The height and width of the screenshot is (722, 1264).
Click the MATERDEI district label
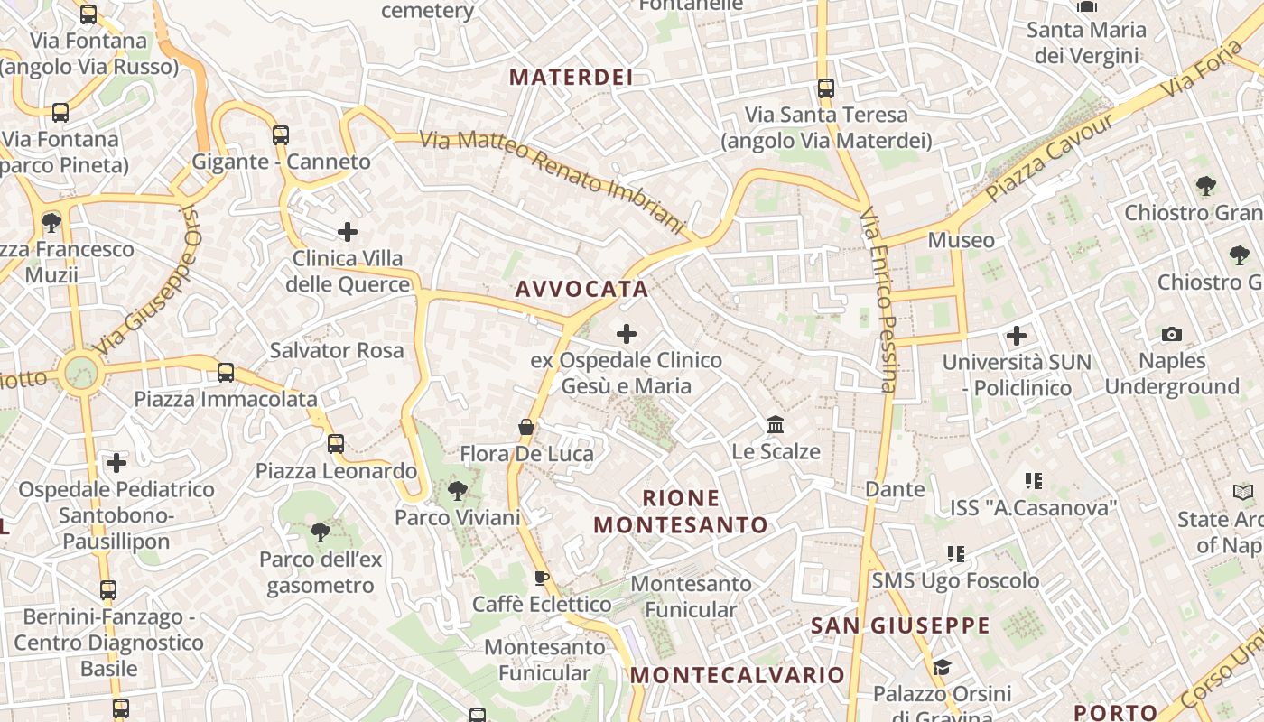571,77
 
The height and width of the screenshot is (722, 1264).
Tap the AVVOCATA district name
581,289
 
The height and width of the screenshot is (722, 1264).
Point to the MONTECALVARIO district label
737,674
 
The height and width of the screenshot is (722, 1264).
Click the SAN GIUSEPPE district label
900,625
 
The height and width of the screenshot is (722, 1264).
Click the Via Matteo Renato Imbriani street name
553,181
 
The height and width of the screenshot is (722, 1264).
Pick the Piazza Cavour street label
1049,159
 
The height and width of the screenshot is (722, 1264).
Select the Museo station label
961,240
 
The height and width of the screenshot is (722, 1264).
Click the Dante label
895,489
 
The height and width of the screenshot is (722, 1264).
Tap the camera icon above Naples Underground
1171,335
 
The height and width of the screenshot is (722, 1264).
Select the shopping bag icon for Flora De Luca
526,427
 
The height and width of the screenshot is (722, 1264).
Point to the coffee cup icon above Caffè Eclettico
542,578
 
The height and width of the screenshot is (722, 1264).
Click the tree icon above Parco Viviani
458,491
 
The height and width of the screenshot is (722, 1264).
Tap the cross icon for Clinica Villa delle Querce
348,232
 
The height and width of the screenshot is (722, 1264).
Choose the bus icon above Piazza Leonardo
336,444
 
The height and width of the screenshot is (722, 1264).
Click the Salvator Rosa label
337,350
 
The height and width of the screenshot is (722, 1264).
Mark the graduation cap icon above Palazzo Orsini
942,667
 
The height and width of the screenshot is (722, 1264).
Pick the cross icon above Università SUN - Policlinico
1017,337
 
